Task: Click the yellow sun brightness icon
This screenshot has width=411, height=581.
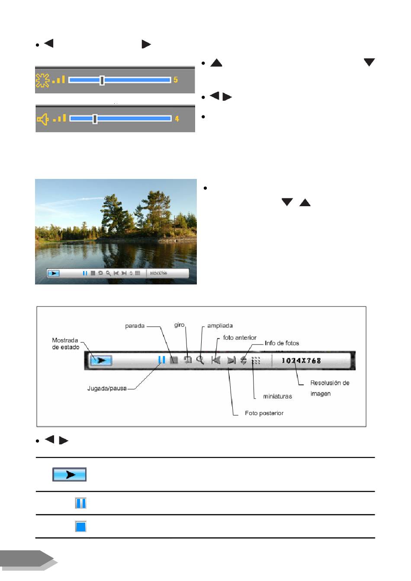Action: click(x=42, y=80)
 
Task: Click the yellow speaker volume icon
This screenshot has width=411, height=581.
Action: click(x=43, y=119)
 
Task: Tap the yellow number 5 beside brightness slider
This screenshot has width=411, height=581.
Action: click(x=176, y=80)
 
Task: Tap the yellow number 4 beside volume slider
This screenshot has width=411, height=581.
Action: click(x=177, y=119)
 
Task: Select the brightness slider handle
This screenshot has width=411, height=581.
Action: click(x=102, y=80)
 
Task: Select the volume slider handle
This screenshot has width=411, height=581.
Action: click(x=95, y=119)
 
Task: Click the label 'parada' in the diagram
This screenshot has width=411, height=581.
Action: click(x=135, y=326)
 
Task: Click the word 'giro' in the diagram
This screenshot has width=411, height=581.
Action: click(x=180, y=325)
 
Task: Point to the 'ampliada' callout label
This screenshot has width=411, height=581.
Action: click(x=220, y=326)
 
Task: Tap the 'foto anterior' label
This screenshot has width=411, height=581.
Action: click(x=240, y=338)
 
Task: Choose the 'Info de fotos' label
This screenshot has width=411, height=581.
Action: click(x=282, y=343)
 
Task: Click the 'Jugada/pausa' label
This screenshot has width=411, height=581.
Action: click(x=107, y=389)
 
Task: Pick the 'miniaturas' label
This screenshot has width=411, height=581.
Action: click(x=278, y=396)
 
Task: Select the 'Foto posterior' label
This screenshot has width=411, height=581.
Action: click(x=264, y=413)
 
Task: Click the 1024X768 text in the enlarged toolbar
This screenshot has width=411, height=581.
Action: click(x=301, y=361)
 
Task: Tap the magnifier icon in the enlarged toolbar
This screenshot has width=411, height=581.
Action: click(x=200, y=360)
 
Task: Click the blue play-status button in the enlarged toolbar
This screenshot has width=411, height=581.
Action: click(x=101, y=360)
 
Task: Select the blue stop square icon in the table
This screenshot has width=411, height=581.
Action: click(x=80, y=527)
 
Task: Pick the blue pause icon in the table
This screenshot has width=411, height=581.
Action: click(x=80, y=503)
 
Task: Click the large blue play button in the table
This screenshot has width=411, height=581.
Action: click(x=69, y=474)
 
